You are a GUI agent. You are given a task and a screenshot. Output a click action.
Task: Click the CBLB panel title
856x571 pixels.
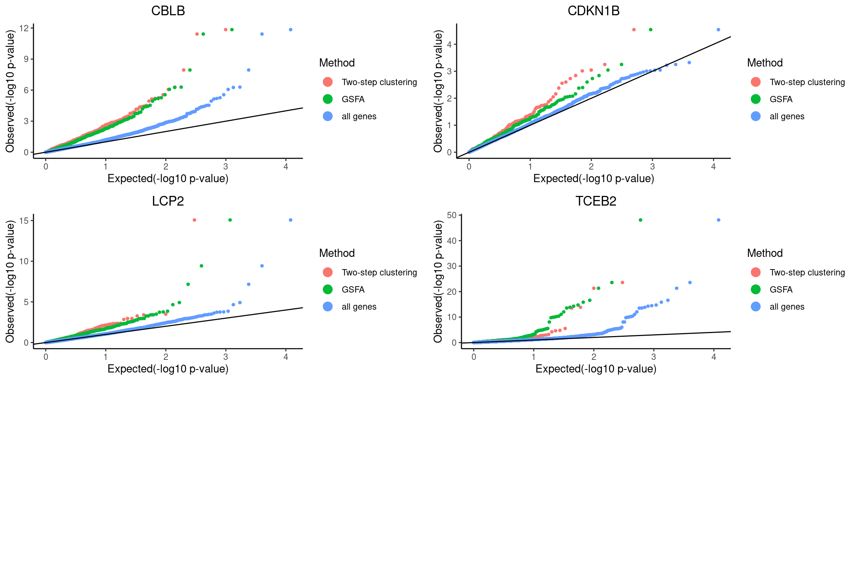[168, 11]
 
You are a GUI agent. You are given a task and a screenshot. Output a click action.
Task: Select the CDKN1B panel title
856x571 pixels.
[593, 11]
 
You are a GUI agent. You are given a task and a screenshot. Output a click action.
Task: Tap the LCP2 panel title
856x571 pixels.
[168, 201]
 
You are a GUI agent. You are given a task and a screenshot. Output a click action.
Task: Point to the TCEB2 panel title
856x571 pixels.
[596, 201]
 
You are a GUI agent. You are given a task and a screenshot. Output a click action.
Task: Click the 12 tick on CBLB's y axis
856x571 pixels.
[24, 28]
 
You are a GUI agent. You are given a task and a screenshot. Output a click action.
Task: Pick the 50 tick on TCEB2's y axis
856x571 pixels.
[452, 215]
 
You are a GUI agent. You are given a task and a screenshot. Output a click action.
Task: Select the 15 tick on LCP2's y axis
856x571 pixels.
[24, 221]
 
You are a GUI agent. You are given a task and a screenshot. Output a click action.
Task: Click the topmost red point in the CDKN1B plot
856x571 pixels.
[634, 30]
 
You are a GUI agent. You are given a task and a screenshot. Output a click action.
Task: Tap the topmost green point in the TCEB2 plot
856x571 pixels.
[641, 220]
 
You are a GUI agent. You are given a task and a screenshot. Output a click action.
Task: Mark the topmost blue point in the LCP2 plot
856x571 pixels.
[291, 220]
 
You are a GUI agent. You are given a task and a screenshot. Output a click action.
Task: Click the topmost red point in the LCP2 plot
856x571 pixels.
[194, 220]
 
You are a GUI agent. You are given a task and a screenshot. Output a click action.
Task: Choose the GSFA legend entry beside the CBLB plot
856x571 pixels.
[353, 99]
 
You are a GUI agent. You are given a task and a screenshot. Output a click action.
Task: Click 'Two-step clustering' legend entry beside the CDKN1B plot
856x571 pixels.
[807, 82]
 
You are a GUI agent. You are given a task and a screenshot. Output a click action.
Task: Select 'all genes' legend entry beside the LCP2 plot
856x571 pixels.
[359, 307]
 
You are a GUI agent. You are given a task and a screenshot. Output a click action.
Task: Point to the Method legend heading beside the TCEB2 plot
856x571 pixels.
[765, 253]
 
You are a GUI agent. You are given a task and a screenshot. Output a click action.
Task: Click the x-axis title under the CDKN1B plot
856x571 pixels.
[593, 179]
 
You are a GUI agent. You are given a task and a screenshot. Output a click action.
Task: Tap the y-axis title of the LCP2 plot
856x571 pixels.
[10, 281]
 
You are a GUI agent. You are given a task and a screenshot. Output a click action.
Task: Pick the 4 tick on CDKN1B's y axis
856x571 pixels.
[449, 45]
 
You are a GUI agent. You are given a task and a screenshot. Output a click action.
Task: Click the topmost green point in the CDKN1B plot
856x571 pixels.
[651, 30]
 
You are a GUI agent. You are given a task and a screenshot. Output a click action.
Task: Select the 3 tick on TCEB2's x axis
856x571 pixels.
[654, 357]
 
